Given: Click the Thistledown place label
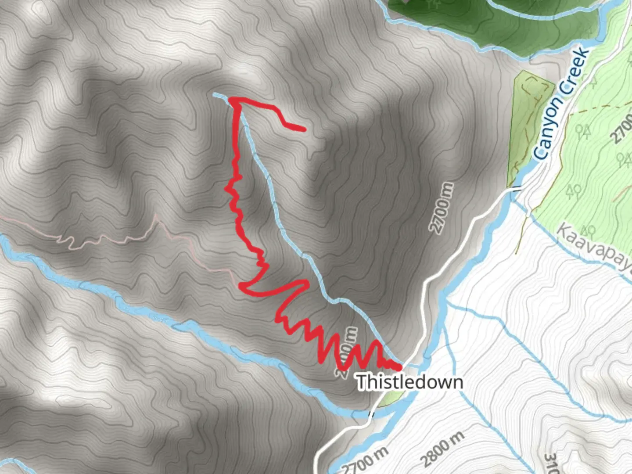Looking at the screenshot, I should pyautogui.click(x=409, y=382).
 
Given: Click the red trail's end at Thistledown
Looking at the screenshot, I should pyautogui.click(x=399, y=367).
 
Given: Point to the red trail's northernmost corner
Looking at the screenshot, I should pyautogui.click(x=232, y=101).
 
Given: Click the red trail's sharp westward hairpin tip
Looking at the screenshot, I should pyautogui.click(x=241, y=286).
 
